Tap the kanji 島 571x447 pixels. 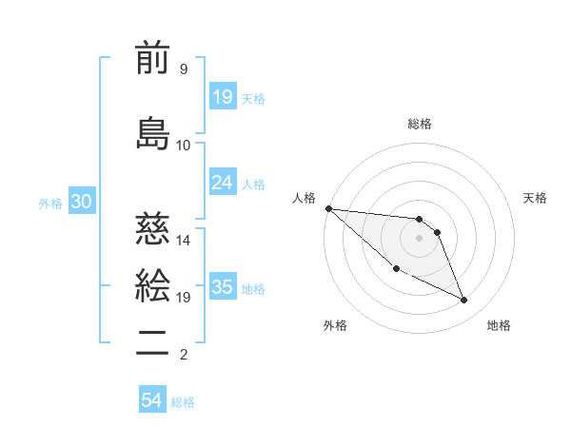click(x=152, y=133)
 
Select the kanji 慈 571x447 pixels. click(x=152, y=229)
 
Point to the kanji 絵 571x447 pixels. click(x=152, y=285)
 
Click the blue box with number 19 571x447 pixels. click(x=222, y=97)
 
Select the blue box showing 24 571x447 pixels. click(x=222, y=183)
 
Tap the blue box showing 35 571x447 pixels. click(x=222, y=287)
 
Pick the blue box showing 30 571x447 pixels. click(x=81, y=202)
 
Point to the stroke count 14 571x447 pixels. click(x=184, y=240)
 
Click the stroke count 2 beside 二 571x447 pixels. click(x=183, y=355)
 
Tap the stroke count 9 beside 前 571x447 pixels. click(x=183, y=68)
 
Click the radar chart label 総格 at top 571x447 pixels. click(x=420, y=124)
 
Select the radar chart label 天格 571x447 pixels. click(x=536, y=198)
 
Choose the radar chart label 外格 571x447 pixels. click(x=335, y=325)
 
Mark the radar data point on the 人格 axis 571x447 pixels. click(x=328, y=207)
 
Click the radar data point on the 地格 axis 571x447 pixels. click(x=464, y=301)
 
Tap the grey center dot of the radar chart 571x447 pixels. click(x=420, y=238)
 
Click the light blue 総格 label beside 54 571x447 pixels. click(x=183, y=402)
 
